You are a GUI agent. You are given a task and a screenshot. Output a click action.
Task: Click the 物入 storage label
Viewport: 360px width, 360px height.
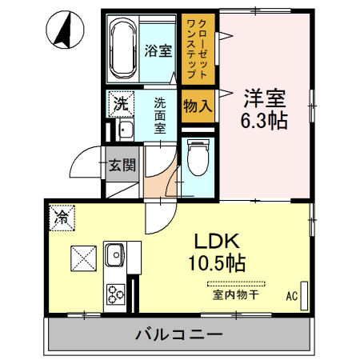tap(197, 104)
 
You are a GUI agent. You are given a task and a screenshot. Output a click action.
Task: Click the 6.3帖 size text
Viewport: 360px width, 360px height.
tap(265, 121)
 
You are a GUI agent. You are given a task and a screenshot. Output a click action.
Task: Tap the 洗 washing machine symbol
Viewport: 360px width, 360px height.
tap(119, 103)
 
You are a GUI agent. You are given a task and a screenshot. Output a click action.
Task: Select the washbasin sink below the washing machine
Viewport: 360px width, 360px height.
tap(124, 131)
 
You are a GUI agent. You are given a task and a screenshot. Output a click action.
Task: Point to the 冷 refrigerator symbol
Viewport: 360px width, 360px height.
tap(62, 216)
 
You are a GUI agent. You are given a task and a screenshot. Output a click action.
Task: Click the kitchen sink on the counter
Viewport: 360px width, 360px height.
tap(114, 256)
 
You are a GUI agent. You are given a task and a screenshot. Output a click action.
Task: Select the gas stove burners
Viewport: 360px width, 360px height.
tap(115, 294)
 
